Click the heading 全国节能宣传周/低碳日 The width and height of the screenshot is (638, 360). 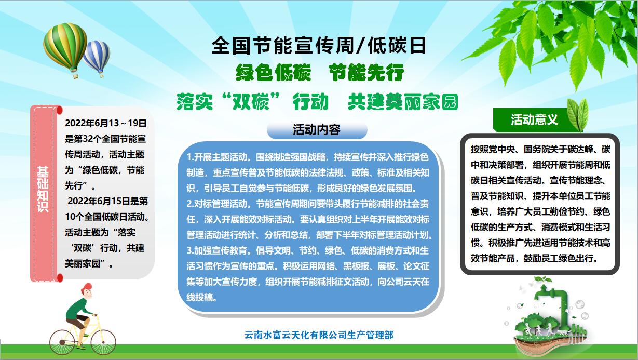pos(319,46)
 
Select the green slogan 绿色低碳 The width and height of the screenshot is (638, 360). pos(274,72)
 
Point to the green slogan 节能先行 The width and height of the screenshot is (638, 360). pos(366,72)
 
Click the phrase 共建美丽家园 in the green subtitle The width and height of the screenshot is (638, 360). pos(403,102)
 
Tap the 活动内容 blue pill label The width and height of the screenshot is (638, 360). pos(317,130)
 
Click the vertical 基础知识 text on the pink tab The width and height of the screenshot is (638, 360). pos(43,189)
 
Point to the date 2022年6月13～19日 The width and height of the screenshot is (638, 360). pos(106,123)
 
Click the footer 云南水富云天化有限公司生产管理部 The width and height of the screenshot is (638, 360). pos(319,335)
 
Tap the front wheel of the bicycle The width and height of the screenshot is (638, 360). pos(103,342)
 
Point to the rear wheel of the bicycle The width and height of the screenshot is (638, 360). pos(62,342)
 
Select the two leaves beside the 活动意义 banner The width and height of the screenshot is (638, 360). pos(578,115)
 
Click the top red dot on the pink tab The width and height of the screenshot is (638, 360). pos(60,110)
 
